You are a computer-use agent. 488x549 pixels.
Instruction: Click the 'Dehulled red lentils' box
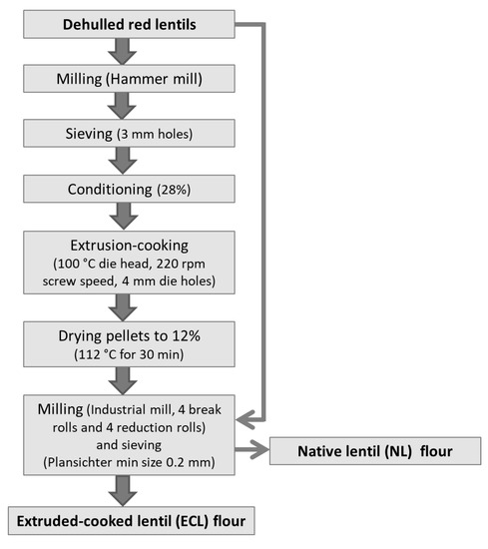point(129,24)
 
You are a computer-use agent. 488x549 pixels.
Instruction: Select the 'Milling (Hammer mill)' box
point(129,79)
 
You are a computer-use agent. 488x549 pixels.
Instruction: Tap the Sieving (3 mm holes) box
point(129,133)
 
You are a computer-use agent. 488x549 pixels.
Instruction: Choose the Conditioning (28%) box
point(129,189)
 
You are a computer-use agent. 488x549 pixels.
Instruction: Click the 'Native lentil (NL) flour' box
point(375,451)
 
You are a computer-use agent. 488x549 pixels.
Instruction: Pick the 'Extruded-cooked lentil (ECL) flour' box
point(132,521)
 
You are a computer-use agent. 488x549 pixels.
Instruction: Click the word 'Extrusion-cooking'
point(129,246)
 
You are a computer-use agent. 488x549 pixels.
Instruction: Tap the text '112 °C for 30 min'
point(129,354)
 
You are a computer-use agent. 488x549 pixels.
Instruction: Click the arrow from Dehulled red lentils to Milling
point(122,52)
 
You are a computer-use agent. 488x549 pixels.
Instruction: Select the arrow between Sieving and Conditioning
point(123,161)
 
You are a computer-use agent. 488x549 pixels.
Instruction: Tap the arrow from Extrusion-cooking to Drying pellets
point(123,307)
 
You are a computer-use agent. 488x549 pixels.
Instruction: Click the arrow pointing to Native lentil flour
point(252,449)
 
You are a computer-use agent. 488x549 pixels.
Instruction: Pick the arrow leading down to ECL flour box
point(123,490)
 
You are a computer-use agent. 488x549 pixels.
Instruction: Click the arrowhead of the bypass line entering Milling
point(245,419)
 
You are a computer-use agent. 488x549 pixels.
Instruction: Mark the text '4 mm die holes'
point(169,281)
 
